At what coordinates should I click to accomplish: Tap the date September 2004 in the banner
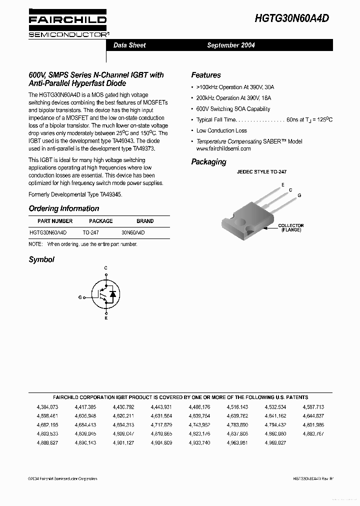point(231,45)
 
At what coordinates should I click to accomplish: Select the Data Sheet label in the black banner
point(129,45)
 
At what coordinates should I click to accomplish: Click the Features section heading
point(205,75)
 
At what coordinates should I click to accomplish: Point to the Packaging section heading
point(208,162)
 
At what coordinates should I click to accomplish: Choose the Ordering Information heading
point(63,208)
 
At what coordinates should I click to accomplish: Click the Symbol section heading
point(41,259)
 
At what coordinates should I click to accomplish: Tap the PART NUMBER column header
point(55,221)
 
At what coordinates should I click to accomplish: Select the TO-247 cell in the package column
point(90,232)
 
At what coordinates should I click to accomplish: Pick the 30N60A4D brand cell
point(133,232)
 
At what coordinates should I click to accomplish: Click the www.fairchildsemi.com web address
point(223,148)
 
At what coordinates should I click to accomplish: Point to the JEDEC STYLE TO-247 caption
point(261,172)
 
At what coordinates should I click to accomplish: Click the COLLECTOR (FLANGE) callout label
point(290,227)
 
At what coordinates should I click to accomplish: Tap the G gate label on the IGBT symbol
point(80,297)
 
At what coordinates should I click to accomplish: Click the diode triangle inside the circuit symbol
point(113,294)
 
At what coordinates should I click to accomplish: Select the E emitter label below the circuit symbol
point(105,318)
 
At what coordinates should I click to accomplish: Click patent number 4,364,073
point(47,407)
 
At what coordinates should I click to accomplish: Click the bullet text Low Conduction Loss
point(221,130)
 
